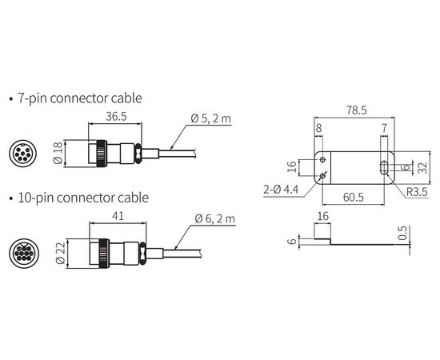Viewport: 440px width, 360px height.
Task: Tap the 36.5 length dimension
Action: coord(116,117)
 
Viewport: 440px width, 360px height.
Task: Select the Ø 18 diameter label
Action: coord(58,154)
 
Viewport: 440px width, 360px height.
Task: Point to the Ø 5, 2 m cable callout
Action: coord(211,118)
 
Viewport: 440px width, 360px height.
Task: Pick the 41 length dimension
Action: coord(118,216)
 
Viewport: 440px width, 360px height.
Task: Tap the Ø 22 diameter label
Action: coord(61,253)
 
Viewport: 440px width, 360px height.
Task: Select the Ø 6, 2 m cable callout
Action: coord(215,218)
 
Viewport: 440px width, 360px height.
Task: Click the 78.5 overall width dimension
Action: coord(356,110)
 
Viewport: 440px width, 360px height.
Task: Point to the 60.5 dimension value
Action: coord(354,198)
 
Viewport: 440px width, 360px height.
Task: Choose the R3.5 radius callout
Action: coord(417,192)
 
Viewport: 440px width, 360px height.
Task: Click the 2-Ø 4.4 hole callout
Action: coord(281,190)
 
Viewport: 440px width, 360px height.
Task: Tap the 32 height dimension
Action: coord(424,167)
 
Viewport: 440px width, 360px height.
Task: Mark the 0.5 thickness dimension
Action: coord(403,233)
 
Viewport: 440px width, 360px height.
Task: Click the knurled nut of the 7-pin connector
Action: coord(102,154)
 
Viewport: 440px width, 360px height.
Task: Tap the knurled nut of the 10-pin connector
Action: coord(104,254)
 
